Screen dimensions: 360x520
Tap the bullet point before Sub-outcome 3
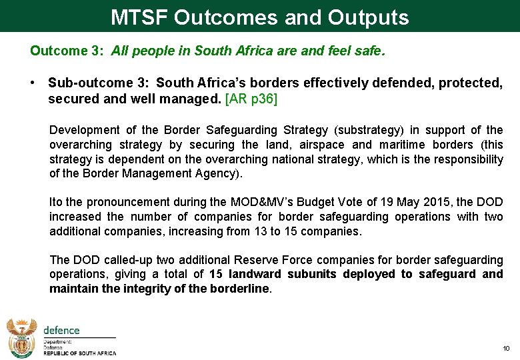[x=33, y=83]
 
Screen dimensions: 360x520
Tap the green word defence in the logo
[x=61, y=330]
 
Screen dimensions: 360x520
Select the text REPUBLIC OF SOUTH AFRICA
[x=79, y=353]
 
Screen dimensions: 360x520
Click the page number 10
[x=506, y=349]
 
